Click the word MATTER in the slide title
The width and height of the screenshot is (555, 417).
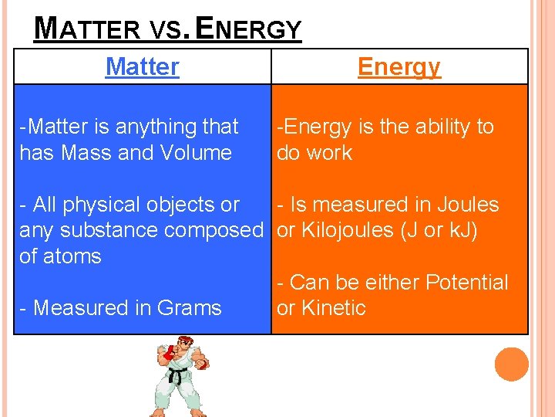point(86,29)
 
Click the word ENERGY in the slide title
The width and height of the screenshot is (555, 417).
point(249,29)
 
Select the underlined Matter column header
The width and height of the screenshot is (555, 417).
point(142,66)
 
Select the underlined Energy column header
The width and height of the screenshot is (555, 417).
point(399,66)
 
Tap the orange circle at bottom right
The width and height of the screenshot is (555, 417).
point(512,364)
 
